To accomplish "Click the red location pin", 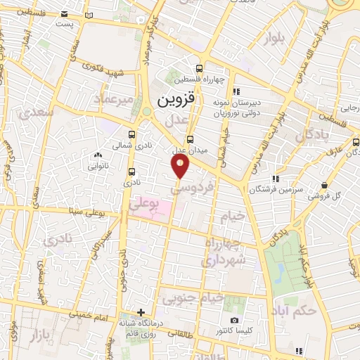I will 180,166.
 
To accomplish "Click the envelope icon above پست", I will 65,14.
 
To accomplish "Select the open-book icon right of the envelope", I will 88,14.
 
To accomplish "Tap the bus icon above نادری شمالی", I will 131,134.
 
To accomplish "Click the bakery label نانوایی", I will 96,167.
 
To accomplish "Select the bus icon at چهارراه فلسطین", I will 200,68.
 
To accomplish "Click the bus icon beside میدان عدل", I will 189,139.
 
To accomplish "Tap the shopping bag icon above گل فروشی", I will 323,185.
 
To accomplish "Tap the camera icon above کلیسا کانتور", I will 234,321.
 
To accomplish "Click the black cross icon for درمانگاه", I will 141,312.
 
